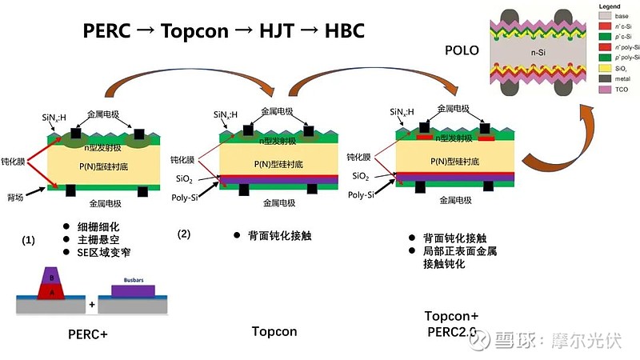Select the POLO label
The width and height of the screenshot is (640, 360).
(462, 50)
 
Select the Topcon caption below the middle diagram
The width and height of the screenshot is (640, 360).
(274, 330)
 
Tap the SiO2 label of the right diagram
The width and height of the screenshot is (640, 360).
(361, 175)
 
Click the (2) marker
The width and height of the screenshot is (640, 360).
(184, 234)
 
